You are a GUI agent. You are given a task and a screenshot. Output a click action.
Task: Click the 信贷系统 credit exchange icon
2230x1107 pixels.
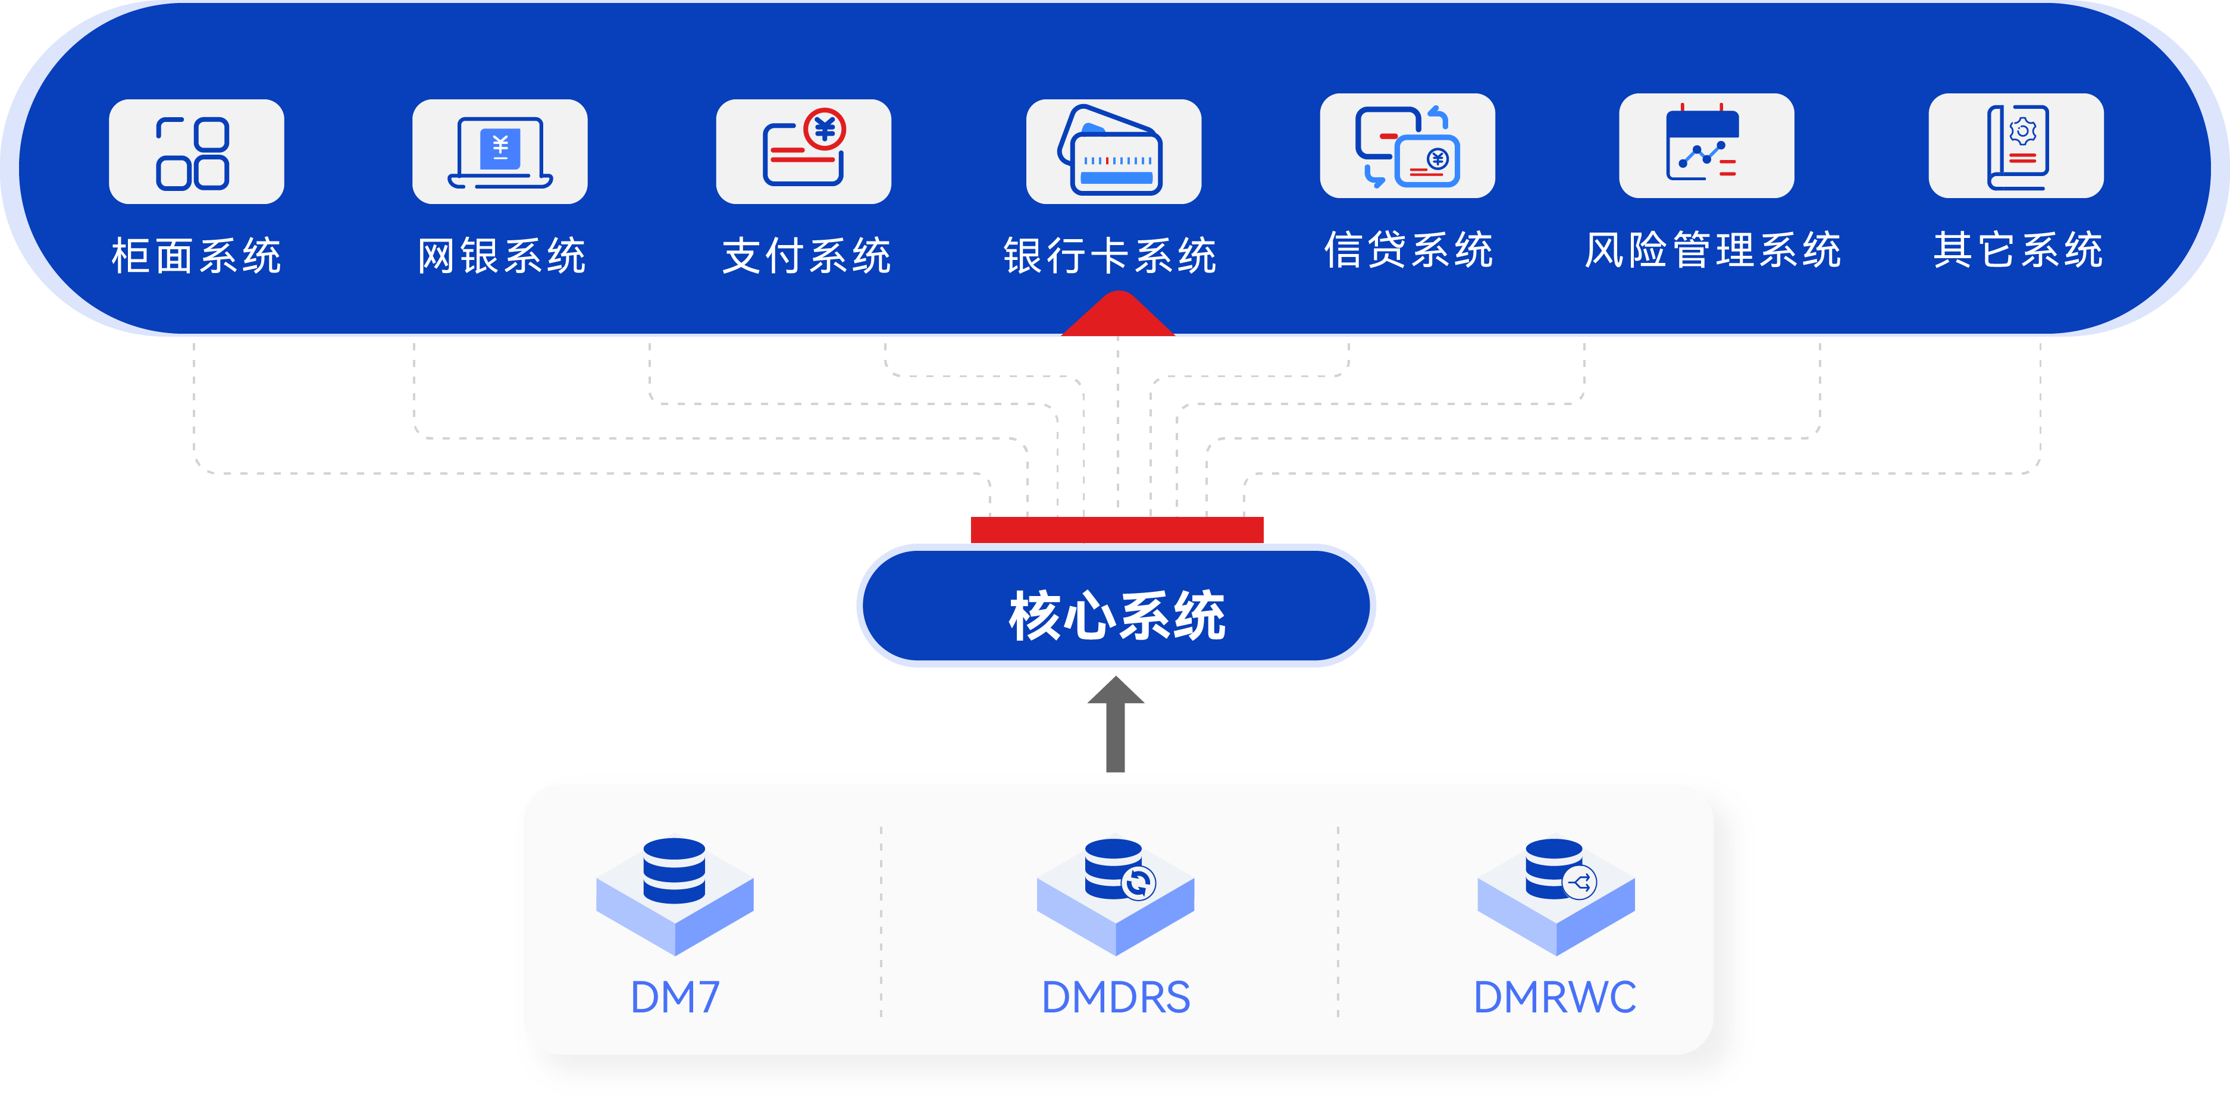coord(1407,146)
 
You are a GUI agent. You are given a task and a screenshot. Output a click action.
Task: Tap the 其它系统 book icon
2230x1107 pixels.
coord(2016,146)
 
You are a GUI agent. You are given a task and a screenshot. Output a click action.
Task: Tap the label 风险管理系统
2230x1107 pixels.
coord(1712,250)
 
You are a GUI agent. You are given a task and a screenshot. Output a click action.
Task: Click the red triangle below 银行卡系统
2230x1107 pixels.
coord(1117,315)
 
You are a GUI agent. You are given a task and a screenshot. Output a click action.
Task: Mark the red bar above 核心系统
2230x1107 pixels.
coord(1117,529)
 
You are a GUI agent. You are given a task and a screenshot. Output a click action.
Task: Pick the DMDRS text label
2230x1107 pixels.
coord(1115,997)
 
